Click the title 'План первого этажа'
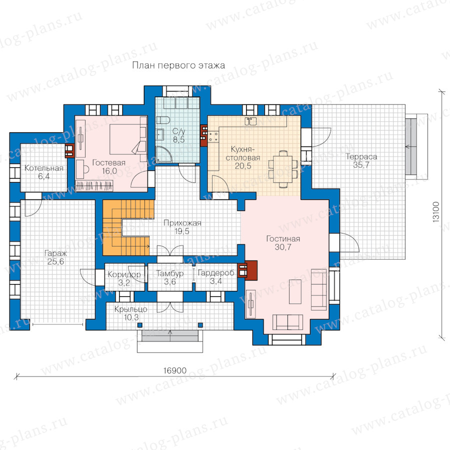pos(178,65)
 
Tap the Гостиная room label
pos(283,239)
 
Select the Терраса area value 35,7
pos(361,165)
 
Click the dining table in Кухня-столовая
pos(283,169)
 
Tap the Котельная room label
pos(43,168)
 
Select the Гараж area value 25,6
pos(55,261)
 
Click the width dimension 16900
pos(175,371)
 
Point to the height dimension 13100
pos(435,212)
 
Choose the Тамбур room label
pos(170,273)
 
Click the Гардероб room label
pos(216,273)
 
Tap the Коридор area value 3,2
pos(124,283)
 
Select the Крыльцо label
pos(130,309)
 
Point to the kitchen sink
pos(250,121)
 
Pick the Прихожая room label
pos(182,223)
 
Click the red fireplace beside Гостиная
pos(248,270)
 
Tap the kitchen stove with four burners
pos(213,136)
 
